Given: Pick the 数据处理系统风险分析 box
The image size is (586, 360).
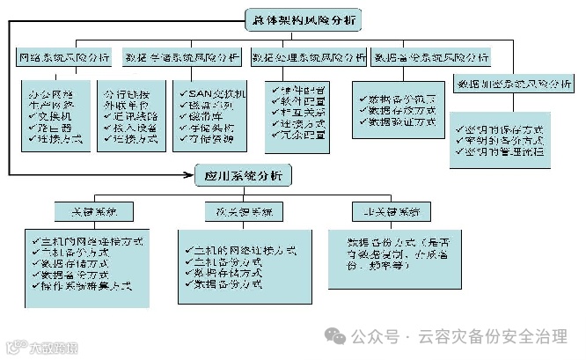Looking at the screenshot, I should click(308, 59).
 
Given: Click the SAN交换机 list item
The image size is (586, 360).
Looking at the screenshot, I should click(214, 94).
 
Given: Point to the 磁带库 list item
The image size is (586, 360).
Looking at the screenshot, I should click(203, 116).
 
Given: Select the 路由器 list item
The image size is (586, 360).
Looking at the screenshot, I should click(55, 128).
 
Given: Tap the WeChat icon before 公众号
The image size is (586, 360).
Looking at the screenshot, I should click(336, 335).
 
